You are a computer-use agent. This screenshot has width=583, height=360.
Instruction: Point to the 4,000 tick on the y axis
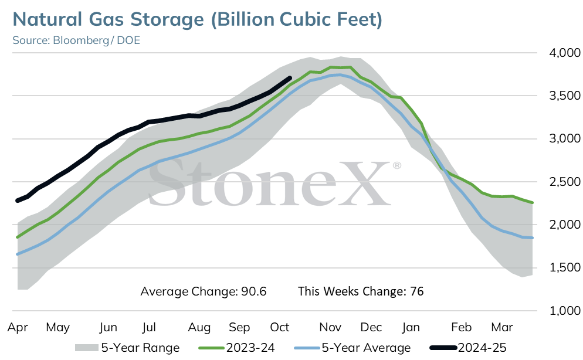(x=565, y=53)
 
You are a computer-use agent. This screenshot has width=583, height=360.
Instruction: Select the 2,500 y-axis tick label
(x=565, y=182)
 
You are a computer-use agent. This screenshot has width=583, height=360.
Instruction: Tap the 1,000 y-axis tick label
(x=565, y=311)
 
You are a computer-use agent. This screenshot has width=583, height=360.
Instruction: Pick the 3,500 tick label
(x=565, y=96)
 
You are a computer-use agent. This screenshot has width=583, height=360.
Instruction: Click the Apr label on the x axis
(x=18, y=328)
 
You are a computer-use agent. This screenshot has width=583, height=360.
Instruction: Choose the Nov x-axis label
(x=330, y=327)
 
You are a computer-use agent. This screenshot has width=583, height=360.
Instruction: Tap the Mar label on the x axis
(x=502, y=327)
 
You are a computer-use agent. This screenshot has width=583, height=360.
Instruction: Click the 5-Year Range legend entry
(x=127, y=348)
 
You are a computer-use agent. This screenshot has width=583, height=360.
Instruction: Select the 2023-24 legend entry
(x=236, y=348)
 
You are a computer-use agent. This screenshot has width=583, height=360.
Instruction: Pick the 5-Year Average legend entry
(x=352, y=348)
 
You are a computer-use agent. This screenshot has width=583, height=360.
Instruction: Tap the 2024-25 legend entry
(x=467, y=348)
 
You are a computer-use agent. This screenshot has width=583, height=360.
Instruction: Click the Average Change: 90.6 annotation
(x=204, y=291)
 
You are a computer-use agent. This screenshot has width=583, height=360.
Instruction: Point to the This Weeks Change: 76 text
(x=361, y=291)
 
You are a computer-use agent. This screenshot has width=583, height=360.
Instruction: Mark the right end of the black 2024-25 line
(x=290, y=78)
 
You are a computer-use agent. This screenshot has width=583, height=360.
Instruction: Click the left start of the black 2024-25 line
(x=18, y=201)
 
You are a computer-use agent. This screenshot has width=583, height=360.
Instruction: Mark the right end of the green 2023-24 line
(x=533, y=202)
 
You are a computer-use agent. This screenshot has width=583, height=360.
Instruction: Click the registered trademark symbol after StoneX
(x=396, y=165)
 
